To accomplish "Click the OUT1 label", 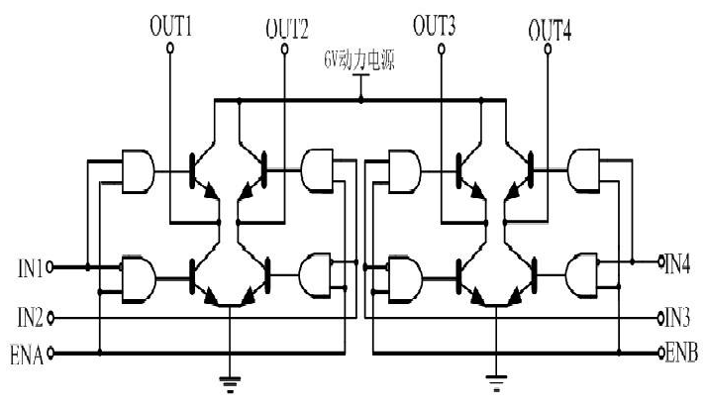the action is tap(170, 26).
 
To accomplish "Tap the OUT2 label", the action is tap(287, 29).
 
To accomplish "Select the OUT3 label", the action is tap(434, 26).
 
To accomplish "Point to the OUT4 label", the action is tap(550, 31).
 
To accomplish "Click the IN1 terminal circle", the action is tap(50, 267).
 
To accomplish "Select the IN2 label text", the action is tap(30, 318).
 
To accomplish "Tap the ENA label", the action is tap(27, 355).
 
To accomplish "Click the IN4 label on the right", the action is tap(677, 263).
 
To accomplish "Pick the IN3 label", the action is tap(677, 318).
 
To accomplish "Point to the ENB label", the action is tap(681, 353).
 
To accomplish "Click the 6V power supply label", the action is tap(359, 60).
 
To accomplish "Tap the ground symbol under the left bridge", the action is tap(230, 384).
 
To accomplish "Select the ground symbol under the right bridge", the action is tap(496, 383).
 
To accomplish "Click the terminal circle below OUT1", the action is tap(170, 48).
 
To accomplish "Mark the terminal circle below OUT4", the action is tap(548, 49).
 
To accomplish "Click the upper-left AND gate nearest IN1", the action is tap(138, 171).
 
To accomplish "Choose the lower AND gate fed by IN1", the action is tap(139, 279).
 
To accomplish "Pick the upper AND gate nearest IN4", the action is tap(584, 170).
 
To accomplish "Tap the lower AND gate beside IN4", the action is tap(582, 275).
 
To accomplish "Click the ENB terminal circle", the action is tap(661, 353).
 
